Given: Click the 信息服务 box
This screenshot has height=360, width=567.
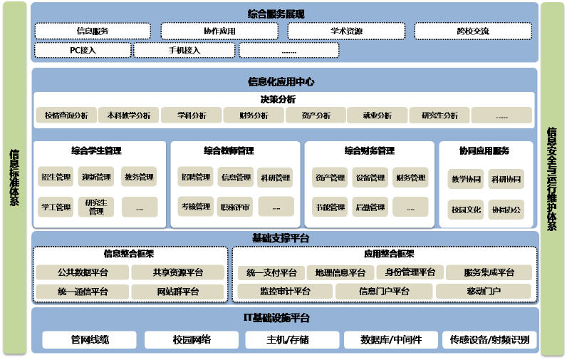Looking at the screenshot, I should (x=92, y=31).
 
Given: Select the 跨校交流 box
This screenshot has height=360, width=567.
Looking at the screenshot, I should (x=473, y=31).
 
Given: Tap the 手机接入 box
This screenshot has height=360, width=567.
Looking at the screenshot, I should (x=184, y=51).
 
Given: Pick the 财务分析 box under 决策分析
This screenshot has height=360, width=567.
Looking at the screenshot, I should (x=254, y=115).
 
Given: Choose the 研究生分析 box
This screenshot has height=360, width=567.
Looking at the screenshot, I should (x=439, y=115).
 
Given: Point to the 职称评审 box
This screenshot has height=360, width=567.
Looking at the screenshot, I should (x=235, y=207).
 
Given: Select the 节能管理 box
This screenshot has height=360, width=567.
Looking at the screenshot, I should (x=330, y=207).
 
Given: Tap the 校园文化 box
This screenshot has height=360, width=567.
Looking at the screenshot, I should (x=466, y=210).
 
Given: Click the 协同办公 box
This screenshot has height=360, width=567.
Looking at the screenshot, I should (x=506, y=210).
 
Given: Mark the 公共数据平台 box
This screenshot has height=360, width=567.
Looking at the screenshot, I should (x=83, y=272).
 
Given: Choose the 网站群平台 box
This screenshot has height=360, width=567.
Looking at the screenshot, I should (x=177, y=292).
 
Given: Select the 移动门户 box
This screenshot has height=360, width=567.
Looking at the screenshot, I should (x=484, y=292).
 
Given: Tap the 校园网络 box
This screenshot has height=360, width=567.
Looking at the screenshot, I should (x=192, y=339).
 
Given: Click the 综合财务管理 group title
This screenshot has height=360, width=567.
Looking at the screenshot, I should (x=369, y=151).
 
